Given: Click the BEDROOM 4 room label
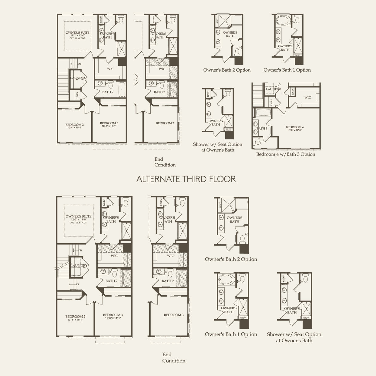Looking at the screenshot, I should coord(294,127).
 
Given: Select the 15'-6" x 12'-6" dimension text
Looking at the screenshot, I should coord(294,130).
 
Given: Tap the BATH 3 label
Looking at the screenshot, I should coord(262,129).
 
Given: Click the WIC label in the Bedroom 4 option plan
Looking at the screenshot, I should coord(307,97).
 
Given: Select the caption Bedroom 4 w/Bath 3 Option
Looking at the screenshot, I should coord(286,154).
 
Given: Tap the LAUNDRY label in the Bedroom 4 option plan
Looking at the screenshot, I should coord(273,89).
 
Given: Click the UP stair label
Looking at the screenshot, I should coord(78,284).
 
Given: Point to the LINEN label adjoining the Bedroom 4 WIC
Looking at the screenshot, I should coord(293,91).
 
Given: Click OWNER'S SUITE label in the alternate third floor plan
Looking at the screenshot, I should coord(78,216).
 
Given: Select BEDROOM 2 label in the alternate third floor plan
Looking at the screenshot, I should coord(74,317).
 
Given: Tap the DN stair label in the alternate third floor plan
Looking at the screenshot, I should coord(80,250).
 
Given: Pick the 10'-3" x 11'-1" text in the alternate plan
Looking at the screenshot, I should coord(113,318).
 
